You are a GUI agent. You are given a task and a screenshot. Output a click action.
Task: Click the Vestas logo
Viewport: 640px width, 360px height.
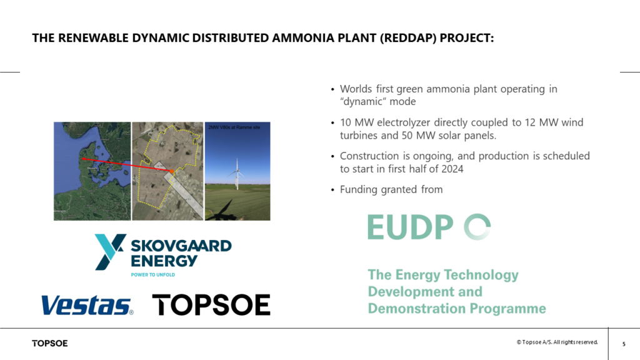87,305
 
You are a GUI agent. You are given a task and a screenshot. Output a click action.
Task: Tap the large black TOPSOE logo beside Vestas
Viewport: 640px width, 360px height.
211,305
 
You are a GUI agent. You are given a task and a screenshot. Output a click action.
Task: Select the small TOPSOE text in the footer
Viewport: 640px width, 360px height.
50,343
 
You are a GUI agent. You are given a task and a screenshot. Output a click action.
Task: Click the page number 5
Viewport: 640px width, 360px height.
624,344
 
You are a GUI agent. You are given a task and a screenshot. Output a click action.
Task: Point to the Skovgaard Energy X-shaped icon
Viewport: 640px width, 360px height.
109,252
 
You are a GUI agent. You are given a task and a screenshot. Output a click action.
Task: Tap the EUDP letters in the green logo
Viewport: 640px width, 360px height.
411,227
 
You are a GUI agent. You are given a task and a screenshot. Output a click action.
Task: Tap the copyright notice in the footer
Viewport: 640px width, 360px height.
557,342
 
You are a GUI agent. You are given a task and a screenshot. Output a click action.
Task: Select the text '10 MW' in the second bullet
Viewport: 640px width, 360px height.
354,122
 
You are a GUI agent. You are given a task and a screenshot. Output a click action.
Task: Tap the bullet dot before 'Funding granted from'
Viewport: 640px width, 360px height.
332,190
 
